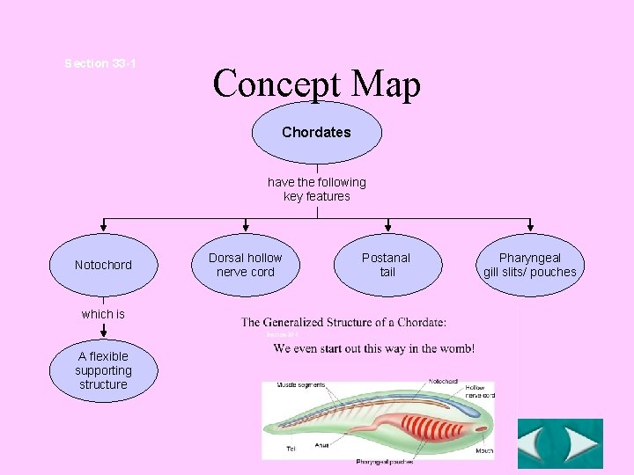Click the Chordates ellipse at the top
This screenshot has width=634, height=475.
(316, 133)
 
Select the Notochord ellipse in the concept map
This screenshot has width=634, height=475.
(103, 265)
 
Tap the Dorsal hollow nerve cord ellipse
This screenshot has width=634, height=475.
(246, 265)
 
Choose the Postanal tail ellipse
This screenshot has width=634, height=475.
(387, 265)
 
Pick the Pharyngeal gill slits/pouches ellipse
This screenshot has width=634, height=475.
(529, 265)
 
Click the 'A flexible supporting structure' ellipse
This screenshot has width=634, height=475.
(103, 370)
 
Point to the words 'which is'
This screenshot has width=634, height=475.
(103, 314)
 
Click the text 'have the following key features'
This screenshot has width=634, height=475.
(316, 189)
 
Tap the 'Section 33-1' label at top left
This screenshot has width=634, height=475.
(100, 63)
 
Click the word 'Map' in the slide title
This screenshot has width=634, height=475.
(386, 84)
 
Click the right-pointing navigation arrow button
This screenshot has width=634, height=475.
(581, 443)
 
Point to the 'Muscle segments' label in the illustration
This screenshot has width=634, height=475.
(300, 385)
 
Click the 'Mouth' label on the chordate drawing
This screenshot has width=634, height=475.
(483, 451)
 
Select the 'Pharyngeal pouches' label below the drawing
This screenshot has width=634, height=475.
(384, 461)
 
